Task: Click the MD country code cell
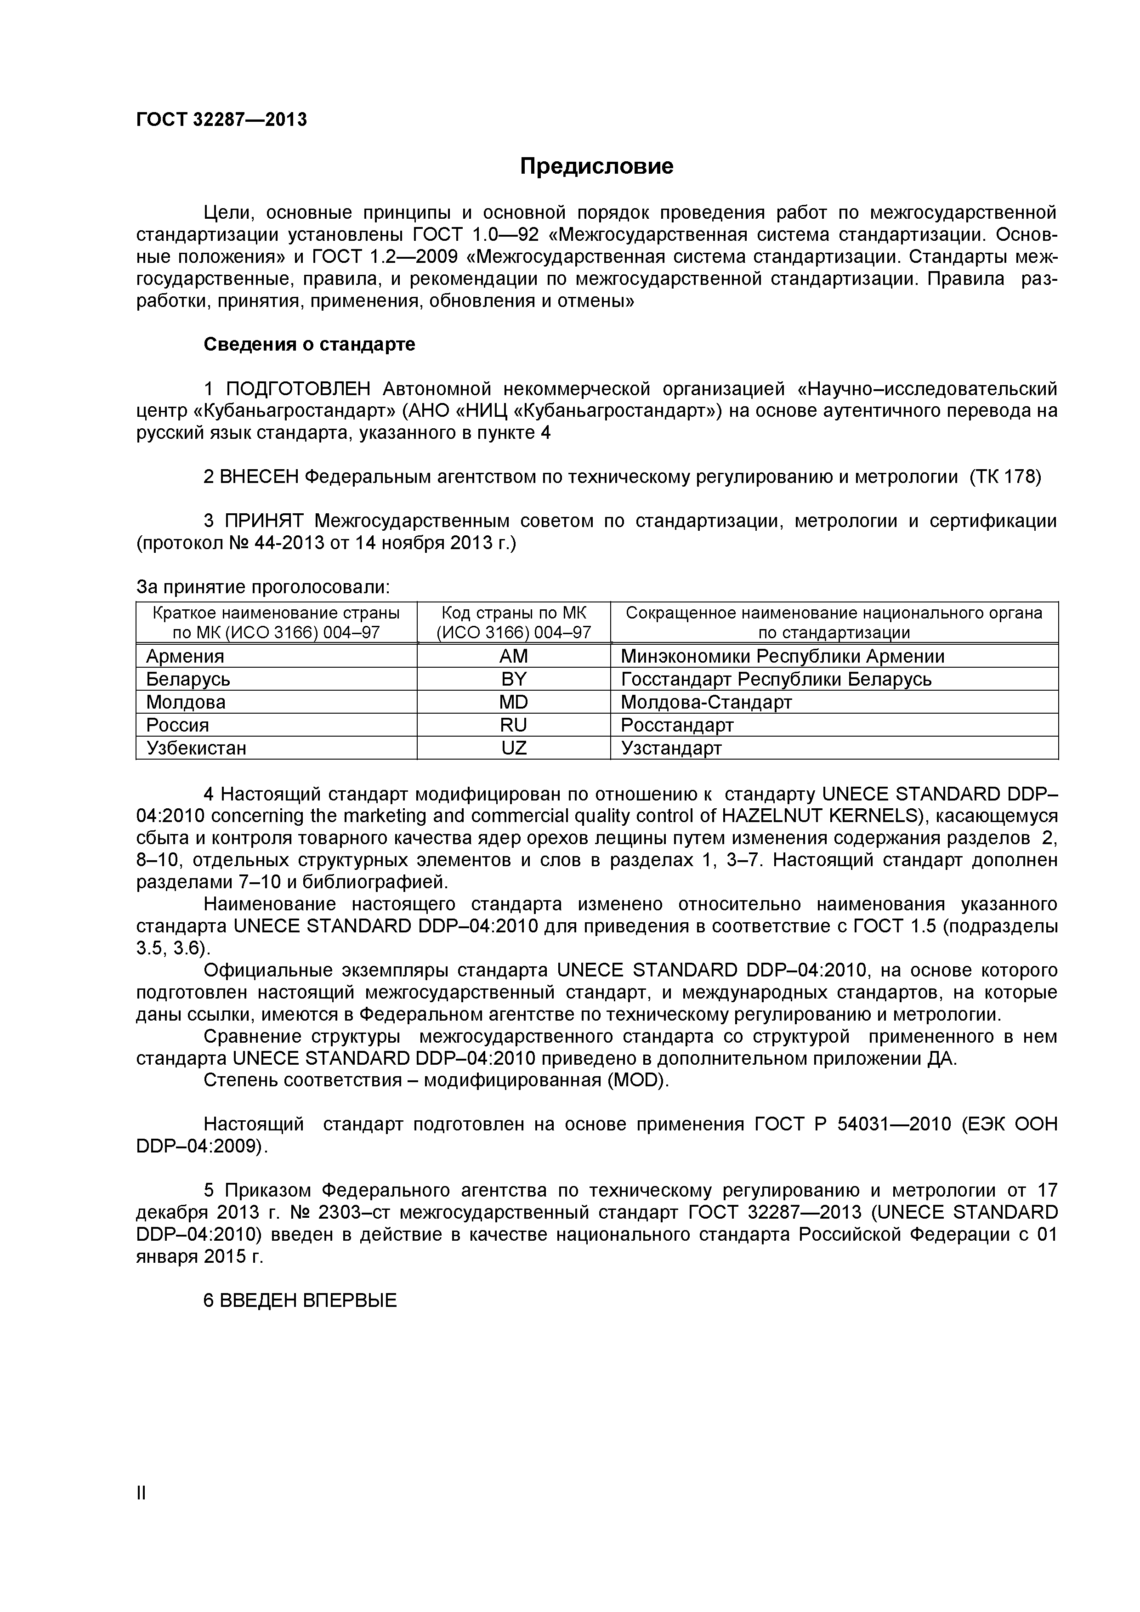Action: (x=513, y=702)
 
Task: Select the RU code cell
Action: (x=513, y=725)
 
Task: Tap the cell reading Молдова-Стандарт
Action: (x=706, y=702)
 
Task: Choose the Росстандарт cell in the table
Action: (x=677, y=725)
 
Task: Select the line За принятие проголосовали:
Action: (x=262, y=587)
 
